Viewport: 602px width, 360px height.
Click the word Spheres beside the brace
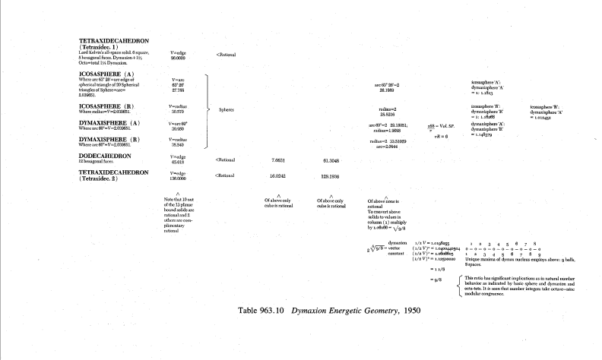[227, 109]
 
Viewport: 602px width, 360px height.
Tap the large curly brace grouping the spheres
[207, 109]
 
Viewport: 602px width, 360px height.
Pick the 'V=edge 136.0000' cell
[179, 176]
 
